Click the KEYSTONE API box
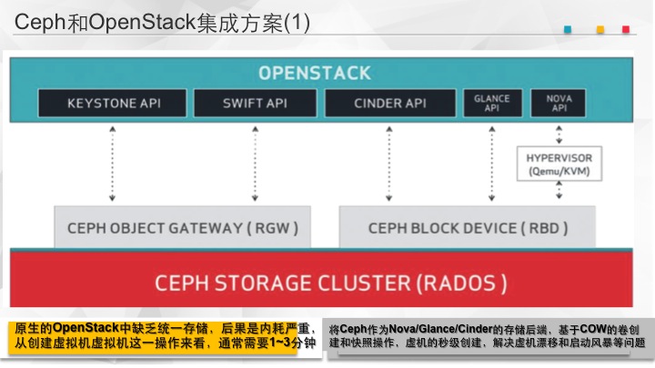click(x=112, y=104)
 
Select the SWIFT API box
click(x=256, y=104)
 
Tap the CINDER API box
click(x=389, y=104)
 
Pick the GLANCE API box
click(x=491, y=104)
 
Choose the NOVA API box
click(x=559, y=104)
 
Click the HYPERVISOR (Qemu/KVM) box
click(x=559, y=164)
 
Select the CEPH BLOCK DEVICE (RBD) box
click(x=468, y=228)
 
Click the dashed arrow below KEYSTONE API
click(x=112, y=164)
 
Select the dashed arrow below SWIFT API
click(x=256, y=164)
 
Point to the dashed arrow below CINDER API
click(x=389, y=164)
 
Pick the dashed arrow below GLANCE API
click(x=491, y=164)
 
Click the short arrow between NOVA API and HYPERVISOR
click(x=559, y=132)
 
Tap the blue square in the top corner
click(x=568, y=29)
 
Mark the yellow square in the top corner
click(x=600, y=29)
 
